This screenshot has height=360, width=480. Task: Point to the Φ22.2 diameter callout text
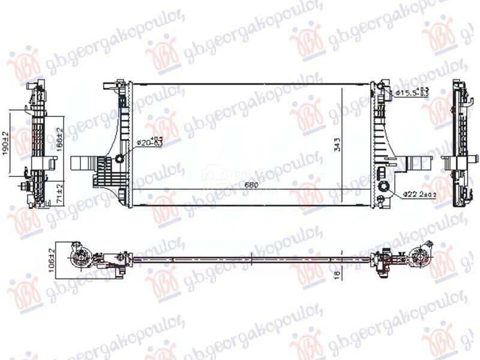(418, 194)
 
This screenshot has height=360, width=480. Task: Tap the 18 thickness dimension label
(338, 272)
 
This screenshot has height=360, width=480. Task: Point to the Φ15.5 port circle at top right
(384, 91)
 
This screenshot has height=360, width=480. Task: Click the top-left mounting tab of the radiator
(109, 88)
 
